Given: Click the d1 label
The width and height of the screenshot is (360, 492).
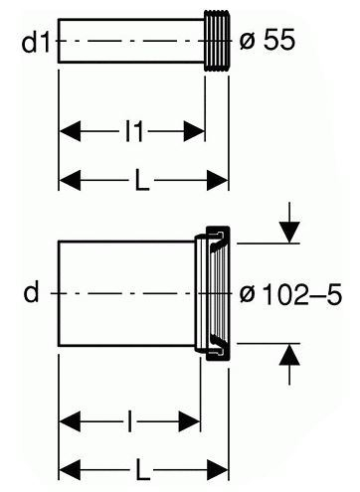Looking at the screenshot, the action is [x=36, y=42].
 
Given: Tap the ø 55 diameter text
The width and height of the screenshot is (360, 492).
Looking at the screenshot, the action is [x=268, y=40].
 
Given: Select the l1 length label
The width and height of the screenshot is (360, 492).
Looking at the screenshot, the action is [x=134, y=131].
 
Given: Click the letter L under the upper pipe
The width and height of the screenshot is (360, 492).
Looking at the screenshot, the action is [x=141, y=180].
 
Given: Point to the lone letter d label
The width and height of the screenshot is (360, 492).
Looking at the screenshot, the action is [x=32, y=291].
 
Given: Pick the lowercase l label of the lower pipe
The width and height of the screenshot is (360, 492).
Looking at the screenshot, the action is [x=129, y=421].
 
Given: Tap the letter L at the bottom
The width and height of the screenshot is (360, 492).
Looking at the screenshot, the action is [x=142, y=470].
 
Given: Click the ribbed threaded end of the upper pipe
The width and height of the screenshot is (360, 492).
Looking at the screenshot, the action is [x=217, y=41].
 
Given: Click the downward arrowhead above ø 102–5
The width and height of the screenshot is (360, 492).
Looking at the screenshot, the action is [x=289, y=233].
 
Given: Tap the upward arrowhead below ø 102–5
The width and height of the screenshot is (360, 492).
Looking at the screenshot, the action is [x=289, y=355].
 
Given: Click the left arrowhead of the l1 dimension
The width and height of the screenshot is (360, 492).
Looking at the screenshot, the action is [x=70, y=131].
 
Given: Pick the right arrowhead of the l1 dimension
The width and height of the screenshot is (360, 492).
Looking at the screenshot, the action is [x=194, y=131].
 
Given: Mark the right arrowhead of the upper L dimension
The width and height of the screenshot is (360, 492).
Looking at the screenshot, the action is [x=218, y=180].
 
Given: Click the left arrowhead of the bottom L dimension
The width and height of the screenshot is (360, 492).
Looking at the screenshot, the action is [x=70, y=470].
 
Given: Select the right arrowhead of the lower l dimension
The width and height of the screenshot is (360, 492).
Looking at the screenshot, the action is [x=190, y=421].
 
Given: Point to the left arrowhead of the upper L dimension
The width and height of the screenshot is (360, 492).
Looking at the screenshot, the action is [x=70, y=180].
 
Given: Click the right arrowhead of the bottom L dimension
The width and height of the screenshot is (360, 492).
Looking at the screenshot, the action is [x=218, y=470].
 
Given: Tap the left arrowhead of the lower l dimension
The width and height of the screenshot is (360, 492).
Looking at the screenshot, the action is [x=70, y=421].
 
